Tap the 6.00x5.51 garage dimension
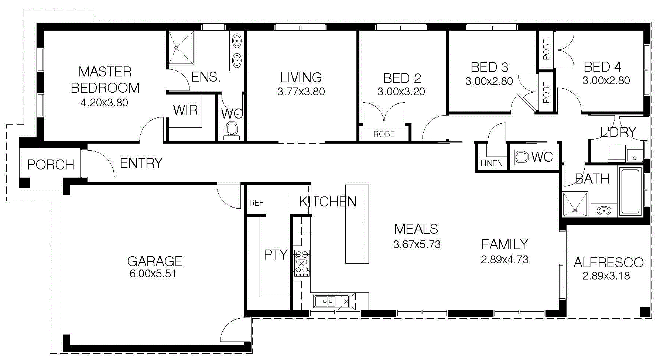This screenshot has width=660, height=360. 153,274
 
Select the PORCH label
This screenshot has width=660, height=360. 51,165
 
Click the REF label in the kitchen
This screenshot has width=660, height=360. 257,203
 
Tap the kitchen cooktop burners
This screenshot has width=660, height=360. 302,263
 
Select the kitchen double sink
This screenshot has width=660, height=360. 325,301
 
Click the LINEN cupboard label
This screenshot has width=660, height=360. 492,163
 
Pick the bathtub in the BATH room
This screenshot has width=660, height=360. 631,192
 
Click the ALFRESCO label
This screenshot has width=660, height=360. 608,263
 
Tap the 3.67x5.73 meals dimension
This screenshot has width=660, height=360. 417,244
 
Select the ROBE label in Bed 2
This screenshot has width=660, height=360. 384,134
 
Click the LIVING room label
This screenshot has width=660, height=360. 301,78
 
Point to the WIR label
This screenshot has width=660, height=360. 185,110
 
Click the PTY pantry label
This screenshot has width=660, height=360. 276,255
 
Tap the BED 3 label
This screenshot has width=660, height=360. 489,67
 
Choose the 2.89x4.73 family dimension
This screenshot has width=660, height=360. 505,260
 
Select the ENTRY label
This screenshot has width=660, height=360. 141,163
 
